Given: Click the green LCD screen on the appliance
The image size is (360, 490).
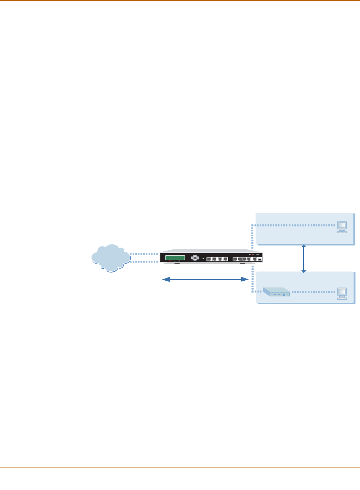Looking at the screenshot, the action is point(175,258).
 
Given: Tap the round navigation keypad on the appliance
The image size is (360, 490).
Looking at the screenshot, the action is point(195,258).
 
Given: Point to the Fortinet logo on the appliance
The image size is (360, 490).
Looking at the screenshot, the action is point(255,255).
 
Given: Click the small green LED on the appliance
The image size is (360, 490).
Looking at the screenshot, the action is point(203,259).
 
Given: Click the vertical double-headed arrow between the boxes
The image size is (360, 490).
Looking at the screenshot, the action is point(304,259).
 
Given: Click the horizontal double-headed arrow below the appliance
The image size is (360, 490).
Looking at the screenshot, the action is point(205,279).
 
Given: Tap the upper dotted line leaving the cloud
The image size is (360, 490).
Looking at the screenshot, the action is point(144,254).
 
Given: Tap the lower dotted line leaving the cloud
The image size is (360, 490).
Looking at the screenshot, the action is point(144,262).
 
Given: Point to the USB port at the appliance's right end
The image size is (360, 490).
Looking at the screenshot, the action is point(260,259).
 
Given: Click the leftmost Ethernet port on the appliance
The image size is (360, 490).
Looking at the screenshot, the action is point(209,259).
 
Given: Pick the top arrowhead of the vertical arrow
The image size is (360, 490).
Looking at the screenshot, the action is point(304,246).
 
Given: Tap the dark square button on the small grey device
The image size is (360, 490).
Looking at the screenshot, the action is point(284,295).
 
